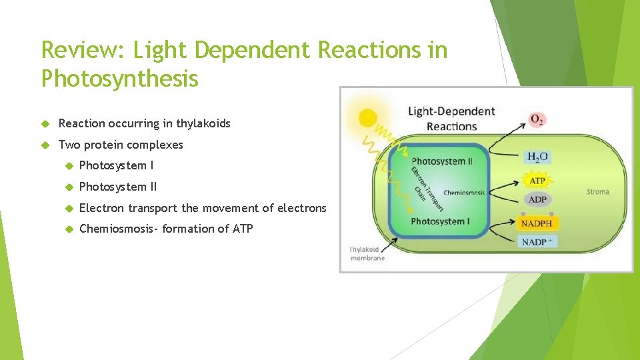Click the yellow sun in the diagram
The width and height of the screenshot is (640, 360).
pyautogui.click(x=367, y=119)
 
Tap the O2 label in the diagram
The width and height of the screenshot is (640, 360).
pyautogui.click(x=537, y=120)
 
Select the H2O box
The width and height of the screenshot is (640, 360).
pyautogui.click(x=537, y=157)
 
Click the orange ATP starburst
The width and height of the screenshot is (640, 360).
pyautogui.click(x=537, y=181)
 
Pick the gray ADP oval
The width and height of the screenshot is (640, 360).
pyautogui.click(x=537, y=200)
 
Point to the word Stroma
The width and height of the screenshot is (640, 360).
pyautogui.click(x=597, y=192)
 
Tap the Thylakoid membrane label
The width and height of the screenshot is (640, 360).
pyautogui.click(x=367, y=254)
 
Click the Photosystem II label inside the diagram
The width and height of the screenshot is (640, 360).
pyautogui.click(x=441, y=161)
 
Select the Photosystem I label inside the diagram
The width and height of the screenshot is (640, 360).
pyautogui.click(x=440, y=221)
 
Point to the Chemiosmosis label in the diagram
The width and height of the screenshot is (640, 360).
pyautogui.click(x=464, y=193)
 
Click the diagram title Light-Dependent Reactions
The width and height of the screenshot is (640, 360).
pyautogui.click(x=451, y=119)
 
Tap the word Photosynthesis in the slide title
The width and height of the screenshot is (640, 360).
pyautogui.click(x=120, y=79)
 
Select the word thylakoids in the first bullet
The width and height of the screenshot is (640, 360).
pyautogui.click(x=203, y=123)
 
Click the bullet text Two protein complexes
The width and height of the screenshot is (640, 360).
pyautogui.click(x=121, y=145)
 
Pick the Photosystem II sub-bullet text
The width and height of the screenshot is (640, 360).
pyautogui.click(x=118, y=187)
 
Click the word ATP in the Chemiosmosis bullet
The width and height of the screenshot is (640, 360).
pyautogui.click(x=243, y=229)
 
